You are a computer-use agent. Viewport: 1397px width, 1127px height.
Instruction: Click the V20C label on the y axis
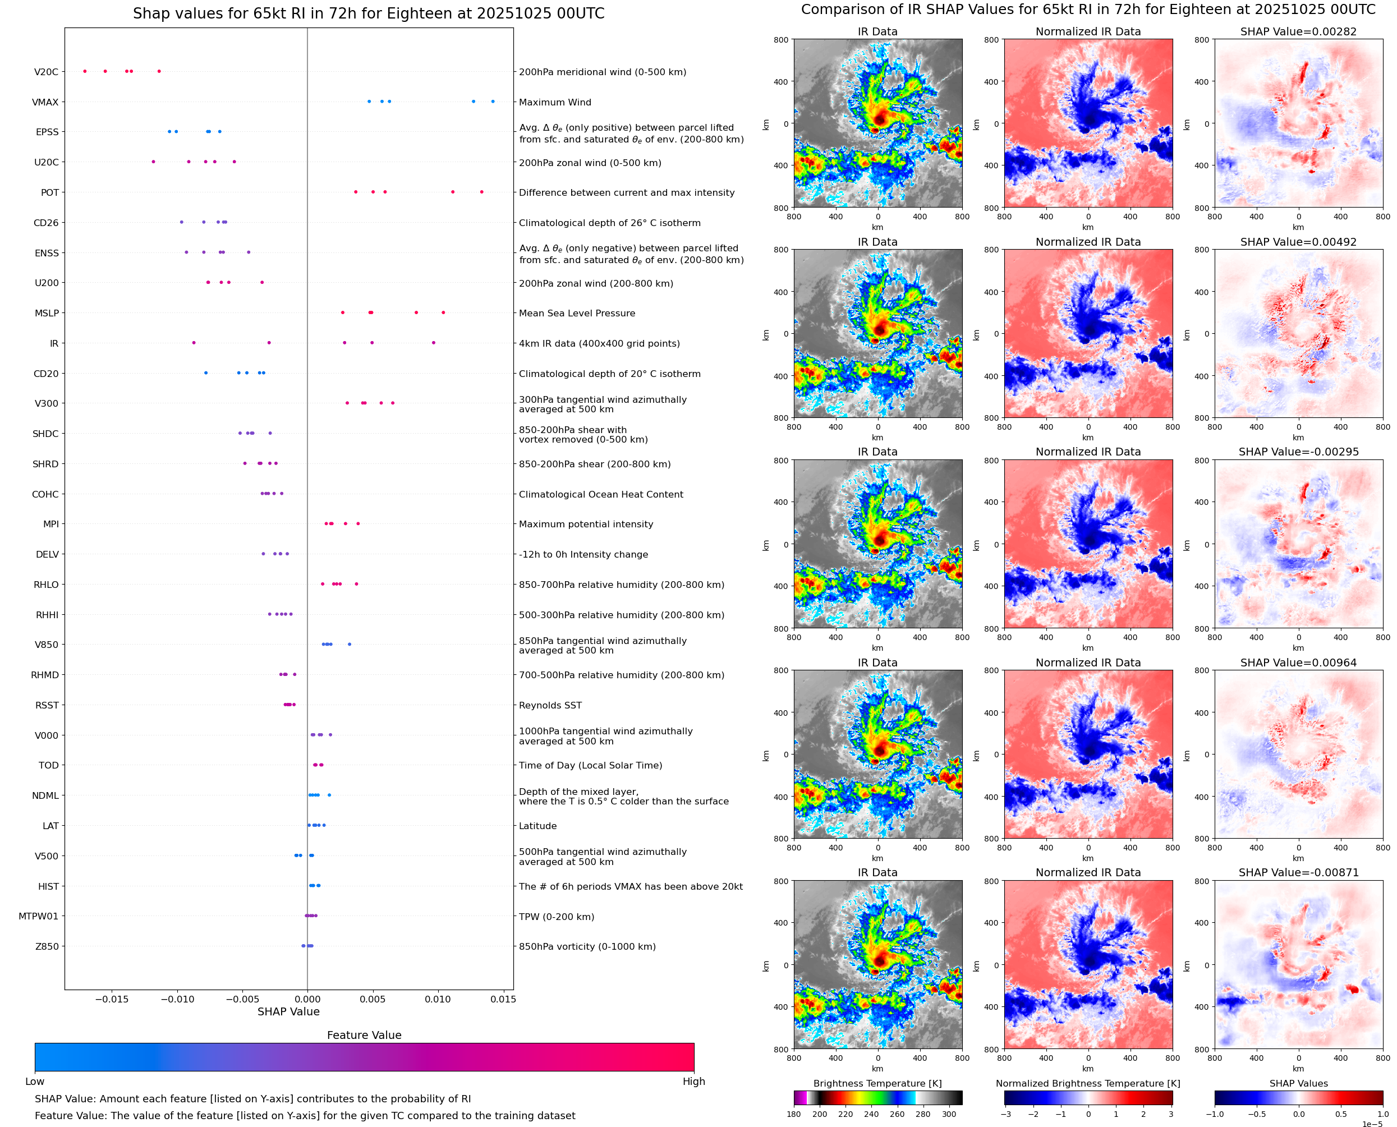pyautogui.click(x=46, y=72)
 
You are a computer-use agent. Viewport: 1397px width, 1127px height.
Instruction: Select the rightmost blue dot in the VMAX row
pyautogui.click(x=493, y=102)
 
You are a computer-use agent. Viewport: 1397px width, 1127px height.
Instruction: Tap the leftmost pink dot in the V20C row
pyautogui.click(x=85, y=71)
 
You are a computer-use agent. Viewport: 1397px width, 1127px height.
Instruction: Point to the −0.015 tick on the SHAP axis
pyautogui.click(x=112, y=999)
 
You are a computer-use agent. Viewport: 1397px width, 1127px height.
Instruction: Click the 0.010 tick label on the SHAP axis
pyautogui.click(x=438, y=999)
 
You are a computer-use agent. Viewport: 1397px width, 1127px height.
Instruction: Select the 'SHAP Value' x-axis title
pyautogui.click(x=288, y=1011)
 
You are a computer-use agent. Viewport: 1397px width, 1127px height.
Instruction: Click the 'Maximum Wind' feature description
pyautogui.click(x=555, y=102)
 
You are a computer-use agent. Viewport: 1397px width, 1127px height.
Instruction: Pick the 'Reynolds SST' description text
pyautogui.click(x=550, y=705)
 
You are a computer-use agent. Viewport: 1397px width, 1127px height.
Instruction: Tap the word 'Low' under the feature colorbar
pyautogui.click(x=34, y=1082)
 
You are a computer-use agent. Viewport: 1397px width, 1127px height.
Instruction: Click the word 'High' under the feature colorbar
pyautogui.click(x=693, y=1082)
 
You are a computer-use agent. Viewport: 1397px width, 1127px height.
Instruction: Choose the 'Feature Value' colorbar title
pyautogui.click(x=364, y=1035)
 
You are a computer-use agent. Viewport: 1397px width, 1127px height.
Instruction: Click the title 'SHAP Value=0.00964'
pyautogui.click(x=1298, y=663)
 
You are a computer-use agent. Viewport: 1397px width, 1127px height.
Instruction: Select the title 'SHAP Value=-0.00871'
pyautogui.click(x=1298, y=872)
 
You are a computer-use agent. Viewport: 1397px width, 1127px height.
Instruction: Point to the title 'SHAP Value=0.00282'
pyautogui.click(x=1298, y=32)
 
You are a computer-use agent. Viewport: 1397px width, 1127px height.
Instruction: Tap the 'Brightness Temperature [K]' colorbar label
pyautogui.click(x=877, y=1083)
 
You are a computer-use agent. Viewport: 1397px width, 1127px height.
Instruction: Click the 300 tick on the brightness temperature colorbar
pyautogui.click(x=949, y=1114)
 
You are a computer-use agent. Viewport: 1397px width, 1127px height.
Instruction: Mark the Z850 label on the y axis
pyautogui.click(x=47, y=946)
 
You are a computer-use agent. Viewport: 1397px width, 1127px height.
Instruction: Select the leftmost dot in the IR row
pyautogui.click(x=194, y=343)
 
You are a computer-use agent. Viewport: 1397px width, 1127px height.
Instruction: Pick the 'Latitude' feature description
pyautogui.click(x=537, y=826)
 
